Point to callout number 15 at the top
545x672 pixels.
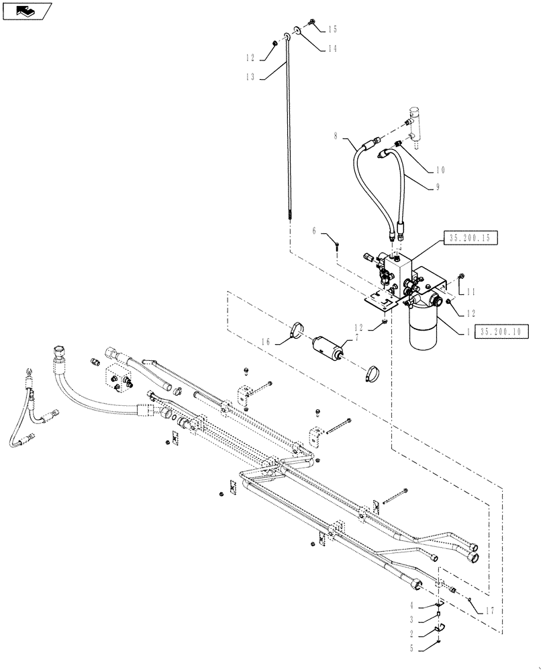pos(332,30)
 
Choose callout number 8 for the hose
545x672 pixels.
pos(335,137)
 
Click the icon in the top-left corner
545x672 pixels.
pos(26,10)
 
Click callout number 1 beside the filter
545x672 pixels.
pos(463,331)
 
